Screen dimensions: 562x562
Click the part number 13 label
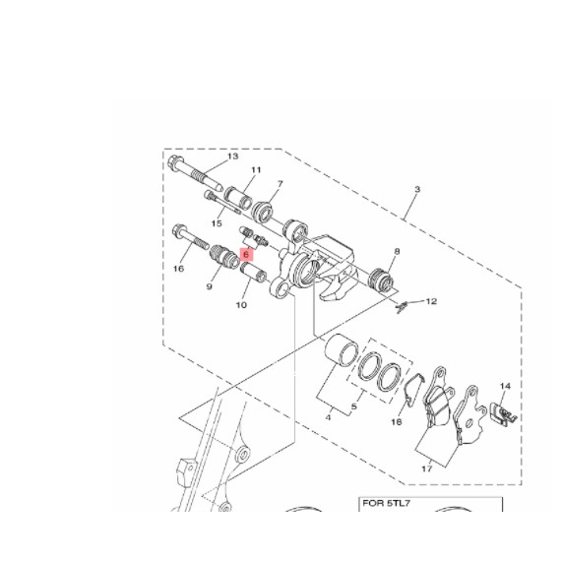tap(232, 156)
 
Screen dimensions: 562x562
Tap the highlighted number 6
tap(246, 255)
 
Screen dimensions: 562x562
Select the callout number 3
tap(417, 189)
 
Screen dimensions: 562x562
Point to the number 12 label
tap(431, 301)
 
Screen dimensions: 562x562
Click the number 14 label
tap(505, 386)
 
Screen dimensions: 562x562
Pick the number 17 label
tap(426, 468)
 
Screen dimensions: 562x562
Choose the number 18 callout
tap(396, 422)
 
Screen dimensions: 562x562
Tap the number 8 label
tap(397, 251)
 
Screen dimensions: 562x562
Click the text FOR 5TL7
tap(386, 503)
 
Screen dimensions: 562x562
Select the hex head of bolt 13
tap(175, 162)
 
